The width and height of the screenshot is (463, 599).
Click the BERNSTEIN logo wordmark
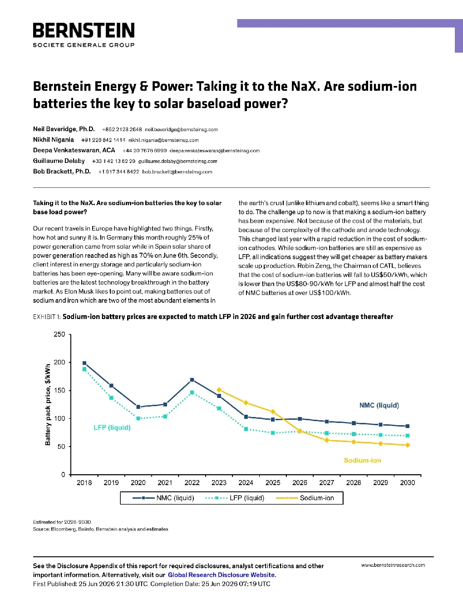[x=84, y=30]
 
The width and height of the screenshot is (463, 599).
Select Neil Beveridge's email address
[x=182, y=130]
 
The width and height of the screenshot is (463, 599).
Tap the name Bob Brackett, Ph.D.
[x=62, y=172]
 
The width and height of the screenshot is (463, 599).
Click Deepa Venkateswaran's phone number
[x=144, y=151]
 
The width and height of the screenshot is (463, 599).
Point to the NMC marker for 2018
[x=84, y=363]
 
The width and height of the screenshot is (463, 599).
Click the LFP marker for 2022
[x=192, y=392]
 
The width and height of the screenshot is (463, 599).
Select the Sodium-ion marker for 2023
[x=219, y=390]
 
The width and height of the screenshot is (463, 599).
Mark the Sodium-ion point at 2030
[x=408, y=445]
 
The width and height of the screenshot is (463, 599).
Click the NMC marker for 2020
[x=138, y=407]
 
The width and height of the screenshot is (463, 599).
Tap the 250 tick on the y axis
[x=59, y=334]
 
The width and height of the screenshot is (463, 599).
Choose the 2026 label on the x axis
[x=300, y=483]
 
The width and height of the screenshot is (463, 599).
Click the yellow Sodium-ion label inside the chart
[x=362, y=460]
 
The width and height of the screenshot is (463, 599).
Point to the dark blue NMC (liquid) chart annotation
[x=379, y=405]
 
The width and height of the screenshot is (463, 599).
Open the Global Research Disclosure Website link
[x=222, y=575]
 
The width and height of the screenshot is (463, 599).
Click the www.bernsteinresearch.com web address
[x=393, y=565]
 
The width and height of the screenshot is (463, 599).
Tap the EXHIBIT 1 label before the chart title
[x=47, y=317]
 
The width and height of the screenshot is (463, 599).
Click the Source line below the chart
[x=100, y=529]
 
